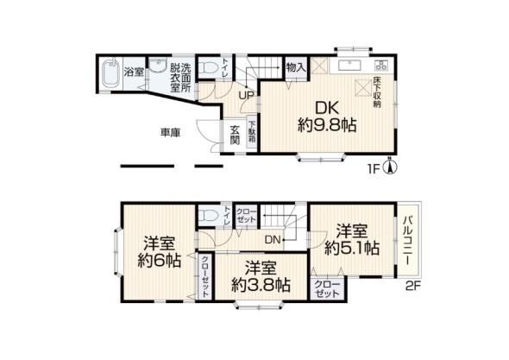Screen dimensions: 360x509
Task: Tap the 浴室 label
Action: point(133,72)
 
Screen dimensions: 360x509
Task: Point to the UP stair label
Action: point(246,96)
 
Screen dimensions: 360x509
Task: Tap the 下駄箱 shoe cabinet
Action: point(252,136)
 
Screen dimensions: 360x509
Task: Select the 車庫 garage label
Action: point(169,133)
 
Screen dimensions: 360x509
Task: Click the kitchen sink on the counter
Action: point(349,66)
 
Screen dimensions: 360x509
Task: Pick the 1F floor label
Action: point(372,169)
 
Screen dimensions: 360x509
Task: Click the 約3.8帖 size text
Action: point(260,286)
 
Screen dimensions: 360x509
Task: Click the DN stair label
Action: point(273,239)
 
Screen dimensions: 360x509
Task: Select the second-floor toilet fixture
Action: point(207,215)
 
